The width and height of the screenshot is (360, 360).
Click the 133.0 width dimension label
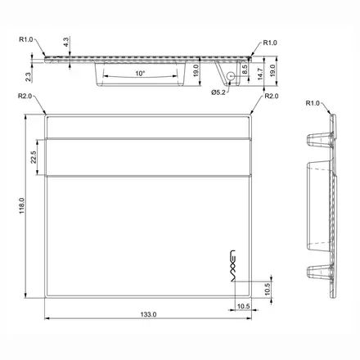pos(148,314)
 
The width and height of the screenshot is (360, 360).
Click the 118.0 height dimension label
pos(22,206)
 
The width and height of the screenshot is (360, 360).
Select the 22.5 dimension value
pos(34,157)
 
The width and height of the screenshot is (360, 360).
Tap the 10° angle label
pos(140,74)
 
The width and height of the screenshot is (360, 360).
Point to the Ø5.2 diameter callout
pos(218,92)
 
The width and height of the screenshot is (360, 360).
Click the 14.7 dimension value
pos(260,74)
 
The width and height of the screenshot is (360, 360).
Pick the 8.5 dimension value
pos(245,70)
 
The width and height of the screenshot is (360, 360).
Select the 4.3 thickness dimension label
pos(66,42)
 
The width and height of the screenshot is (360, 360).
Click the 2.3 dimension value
pos(28,77)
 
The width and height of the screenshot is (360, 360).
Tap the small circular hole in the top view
pos(231,76)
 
